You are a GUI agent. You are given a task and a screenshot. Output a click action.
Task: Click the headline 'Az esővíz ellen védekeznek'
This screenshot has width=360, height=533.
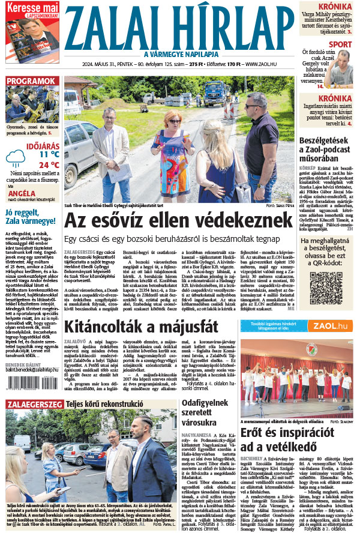[x=180, y=222]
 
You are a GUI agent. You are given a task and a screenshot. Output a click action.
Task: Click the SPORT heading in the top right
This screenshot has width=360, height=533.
[x=340, y=44]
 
